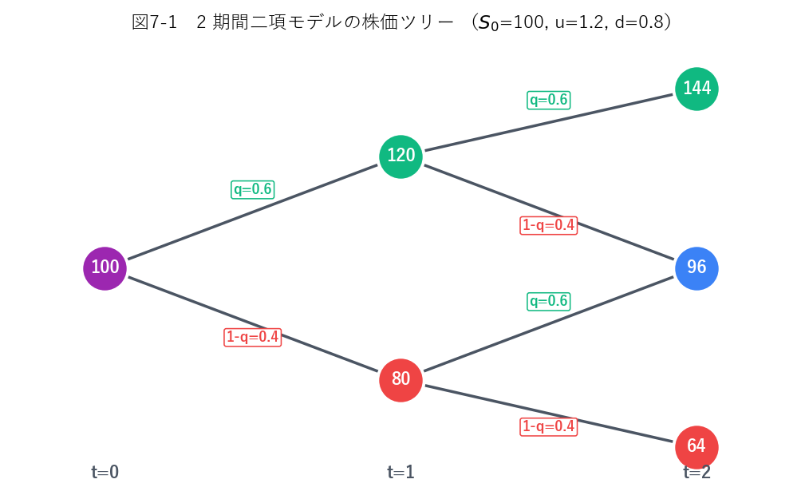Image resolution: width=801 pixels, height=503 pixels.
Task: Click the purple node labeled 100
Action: click(105, 268)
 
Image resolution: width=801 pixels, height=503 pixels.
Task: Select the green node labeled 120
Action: click(401, 156)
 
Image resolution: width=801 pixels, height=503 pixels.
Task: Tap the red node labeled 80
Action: click(401, 380)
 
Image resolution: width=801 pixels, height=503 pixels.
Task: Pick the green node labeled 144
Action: click(696, 89)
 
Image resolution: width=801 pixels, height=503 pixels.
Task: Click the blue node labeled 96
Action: click(696, 268)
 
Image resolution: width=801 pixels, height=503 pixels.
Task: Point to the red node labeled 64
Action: click(696, 447)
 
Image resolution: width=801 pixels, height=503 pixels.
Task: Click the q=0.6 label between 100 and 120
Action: click(253, 190)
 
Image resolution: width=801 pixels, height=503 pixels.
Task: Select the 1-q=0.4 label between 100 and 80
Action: click(253, 338)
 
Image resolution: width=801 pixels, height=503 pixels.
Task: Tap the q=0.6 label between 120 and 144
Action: click(549, 100)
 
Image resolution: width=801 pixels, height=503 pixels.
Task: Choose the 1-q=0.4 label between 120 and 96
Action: click(549, 225)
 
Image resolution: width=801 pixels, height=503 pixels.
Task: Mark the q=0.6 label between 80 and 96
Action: click(549, 302)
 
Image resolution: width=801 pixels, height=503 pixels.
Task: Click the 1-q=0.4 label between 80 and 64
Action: click(549, 427)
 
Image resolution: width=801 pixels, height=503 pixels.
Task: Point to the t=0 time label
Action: click(105, 472)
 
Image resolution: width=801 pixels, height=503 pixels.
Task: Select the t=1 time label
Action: click(401, 472)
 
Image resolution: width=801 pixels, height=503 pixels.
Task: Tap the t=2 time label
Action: click(696, 472)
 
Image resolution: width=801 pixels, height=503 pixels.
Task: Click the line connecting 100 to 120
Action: click(253, 212)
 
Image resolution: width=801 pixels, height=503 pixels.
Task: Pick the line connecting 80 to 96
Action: click(549, 324)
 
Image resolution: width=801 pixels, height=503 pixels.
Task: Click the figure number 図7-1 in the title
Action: click(154, 22)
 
